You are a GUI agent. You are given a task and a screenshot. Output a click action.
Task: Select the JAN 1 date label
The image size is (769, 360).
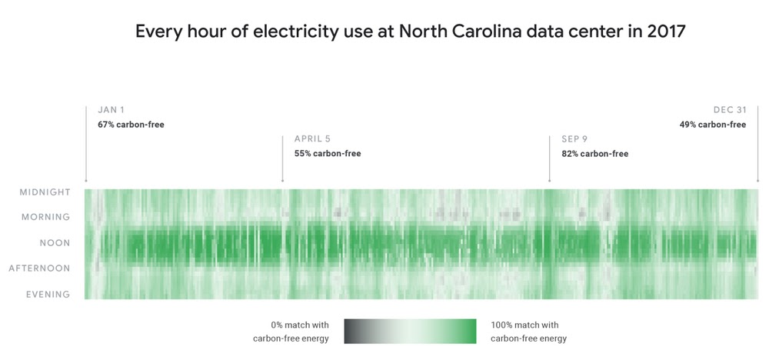112,110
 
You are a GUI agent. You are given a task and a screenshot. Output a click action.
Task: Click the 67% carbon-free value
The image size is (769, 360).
131,125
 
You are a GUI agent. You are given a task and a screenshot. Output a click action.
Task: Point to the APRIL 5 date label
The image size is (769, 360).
312,139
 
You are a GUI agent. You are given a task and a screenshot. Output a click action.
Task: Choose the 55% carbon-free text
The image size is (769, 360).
328,154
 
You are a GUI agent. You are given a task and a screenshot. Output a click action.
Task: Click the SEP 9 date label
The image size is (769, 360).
574,139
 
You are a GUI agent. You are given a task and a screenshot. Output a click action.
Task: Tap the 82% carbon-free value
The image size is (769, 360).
594,154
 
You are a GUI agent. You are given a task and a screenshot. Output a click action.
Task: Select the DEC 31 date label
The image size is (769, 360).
730,110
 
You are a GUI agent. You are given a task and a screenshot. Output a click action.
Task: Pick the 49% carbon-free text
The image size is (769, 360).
712,125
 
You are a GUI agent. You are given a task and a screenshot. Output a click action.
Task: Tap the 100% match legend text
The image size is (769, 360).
528,332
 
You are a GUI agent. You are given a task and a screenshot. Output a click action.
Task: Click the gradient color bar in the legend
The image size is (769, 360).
410,331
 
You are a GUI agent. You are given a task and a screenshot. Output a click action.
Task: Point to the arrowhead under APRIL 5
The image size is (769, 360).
283,181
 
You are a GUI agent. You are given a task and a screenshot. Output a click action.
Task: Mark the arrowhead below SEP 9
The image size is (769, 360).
549,181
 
